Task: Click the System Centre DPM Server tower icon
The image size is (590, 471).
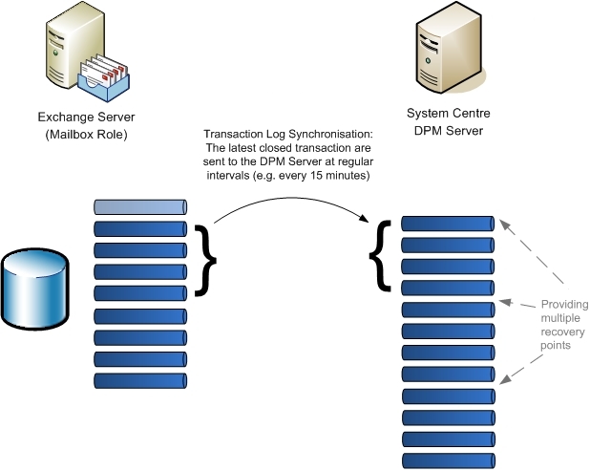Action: tap(442, 56)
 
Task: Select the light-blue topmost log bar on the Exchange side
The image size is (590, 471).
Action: tap(139, 207)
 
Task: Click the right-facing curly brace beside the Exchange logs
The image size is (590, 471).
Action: tap(203, 259)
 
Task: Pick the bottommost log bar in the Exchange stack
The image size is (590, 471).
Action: tap(139, 380)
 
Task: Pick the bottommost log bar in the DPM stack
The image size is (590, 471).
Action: tap(447, 460)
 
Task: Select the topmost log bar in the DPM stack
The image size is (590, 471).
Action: tap(447, 224)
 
